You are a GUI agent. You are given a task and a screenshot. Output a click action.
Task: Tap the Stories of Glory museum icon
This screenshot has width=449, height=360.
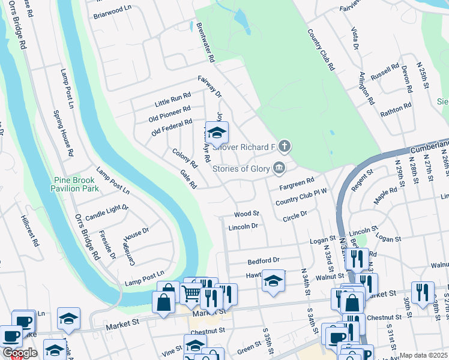tap(279, 168)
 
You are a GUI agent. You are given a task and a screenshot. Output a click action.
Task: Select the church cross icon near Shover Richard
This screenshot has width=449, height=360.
tap(284, 146)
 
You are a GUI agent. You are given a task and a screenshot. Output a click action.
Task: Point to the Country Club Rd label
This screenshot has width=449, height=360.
tap(321, 50)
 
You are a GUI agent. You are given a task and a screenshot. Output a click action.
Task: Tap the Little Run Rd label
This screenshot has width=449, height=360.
tap(172, 99)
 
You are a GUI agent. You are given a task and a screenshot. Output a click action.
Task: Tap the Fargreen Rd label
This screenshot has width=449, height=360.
tap(297, 182)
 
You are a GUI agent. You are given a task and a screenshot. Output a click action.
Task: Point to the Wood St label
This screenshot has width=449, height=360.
tap(246, 214)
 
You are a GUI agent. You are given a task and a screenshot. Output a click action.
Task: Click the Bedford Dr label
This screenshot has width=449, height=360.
tap(264, 260)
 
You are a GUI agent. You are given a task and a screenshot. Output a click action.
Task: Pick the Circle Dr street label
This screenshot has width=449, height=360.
tap(295, 214)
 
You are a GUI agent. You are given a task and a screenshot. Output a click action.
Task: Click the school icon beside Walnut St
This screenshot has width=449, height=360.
tap(273, 281)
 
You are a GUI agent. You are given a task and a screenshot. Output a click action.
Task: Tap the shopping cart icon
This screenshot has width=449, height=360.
tap(191, 293)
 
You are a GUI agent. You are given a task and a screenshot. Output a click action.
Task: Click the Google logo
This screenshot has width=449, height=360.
tap(20, 353)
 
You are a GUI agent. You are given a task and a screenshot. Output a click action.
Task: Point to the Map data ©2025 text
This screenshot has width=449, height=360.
tap(424, 355)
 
